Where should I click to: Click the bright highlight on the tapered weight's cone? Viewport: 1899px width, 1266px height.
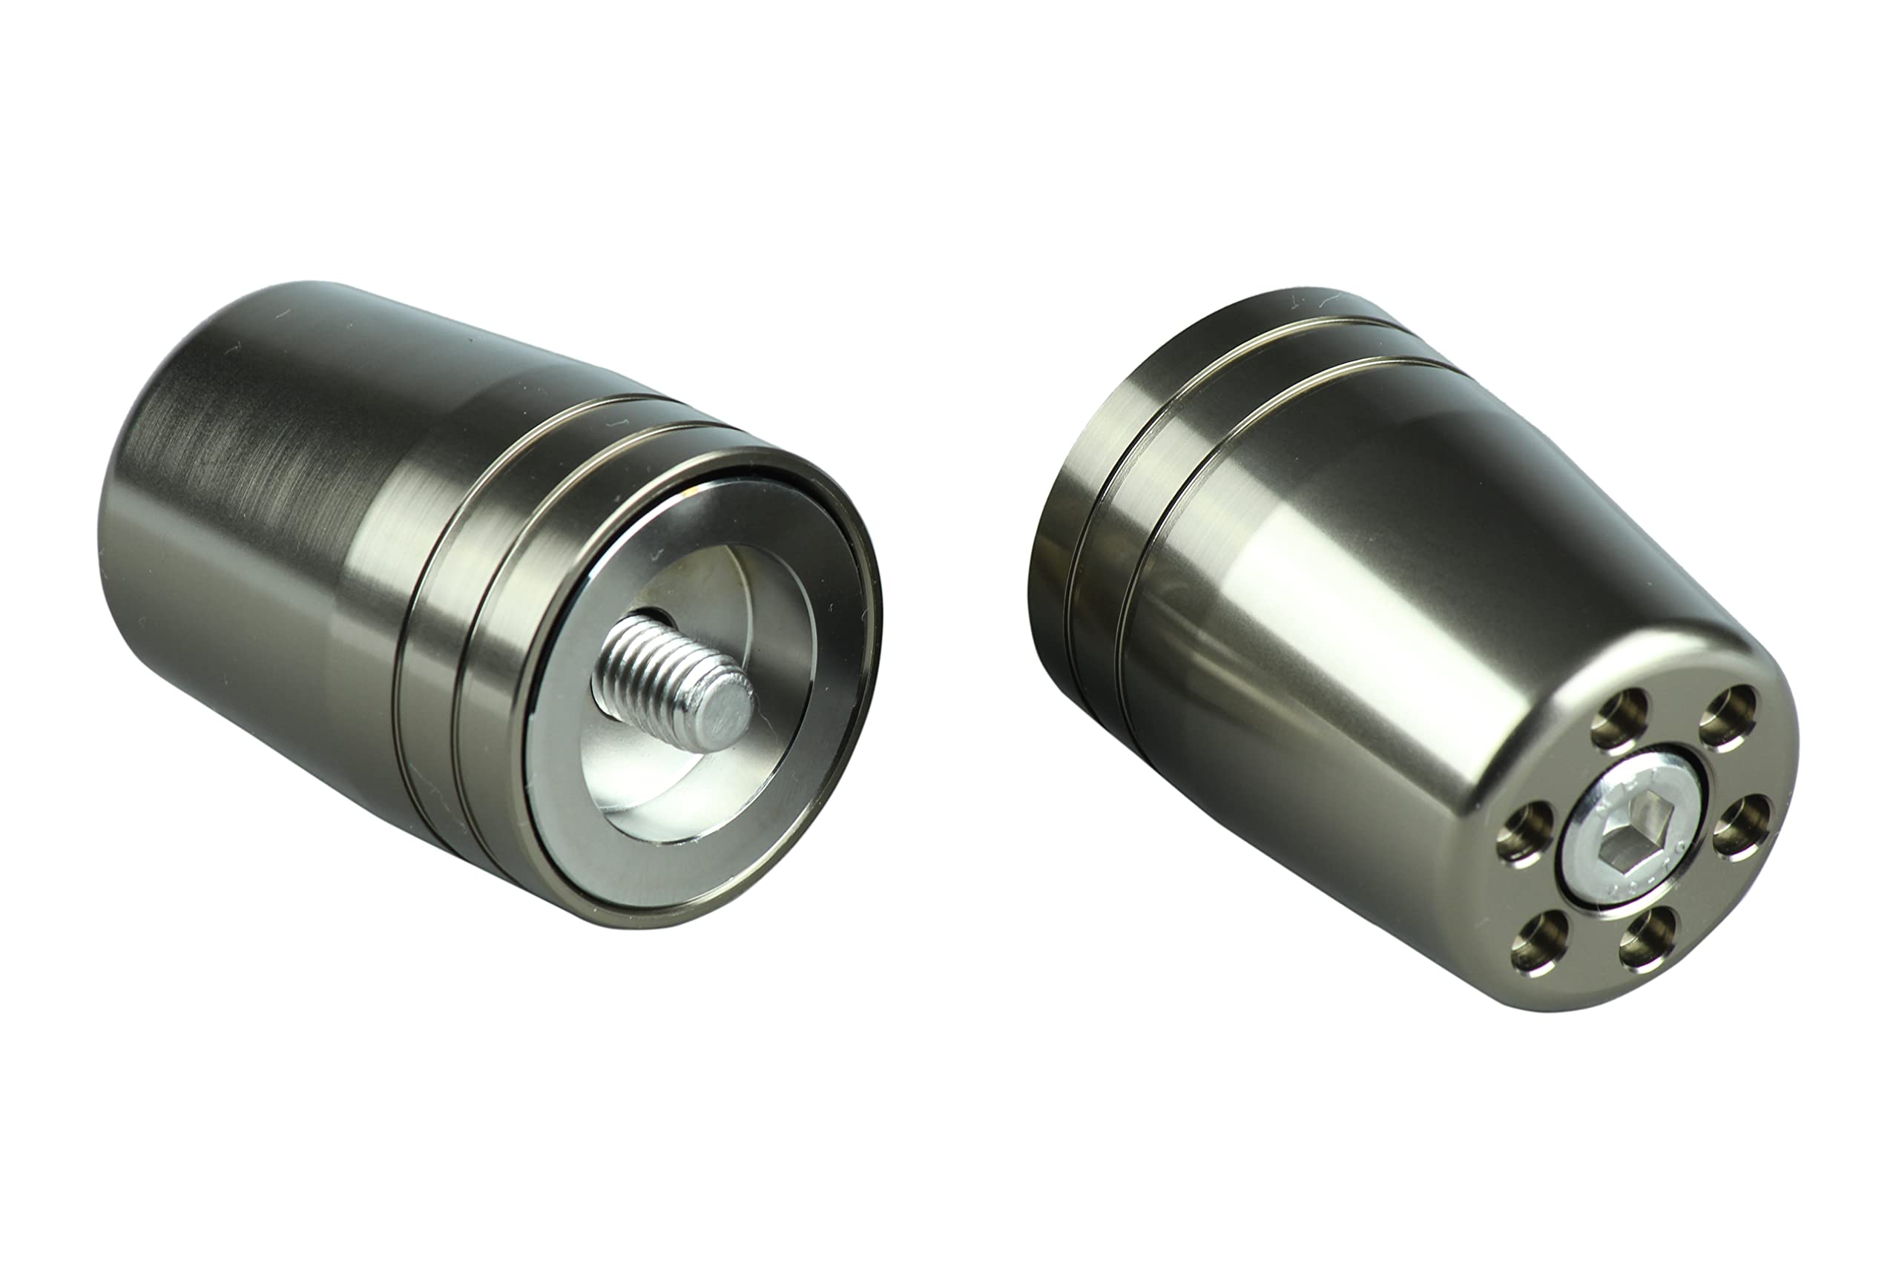coord(1324,581)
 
